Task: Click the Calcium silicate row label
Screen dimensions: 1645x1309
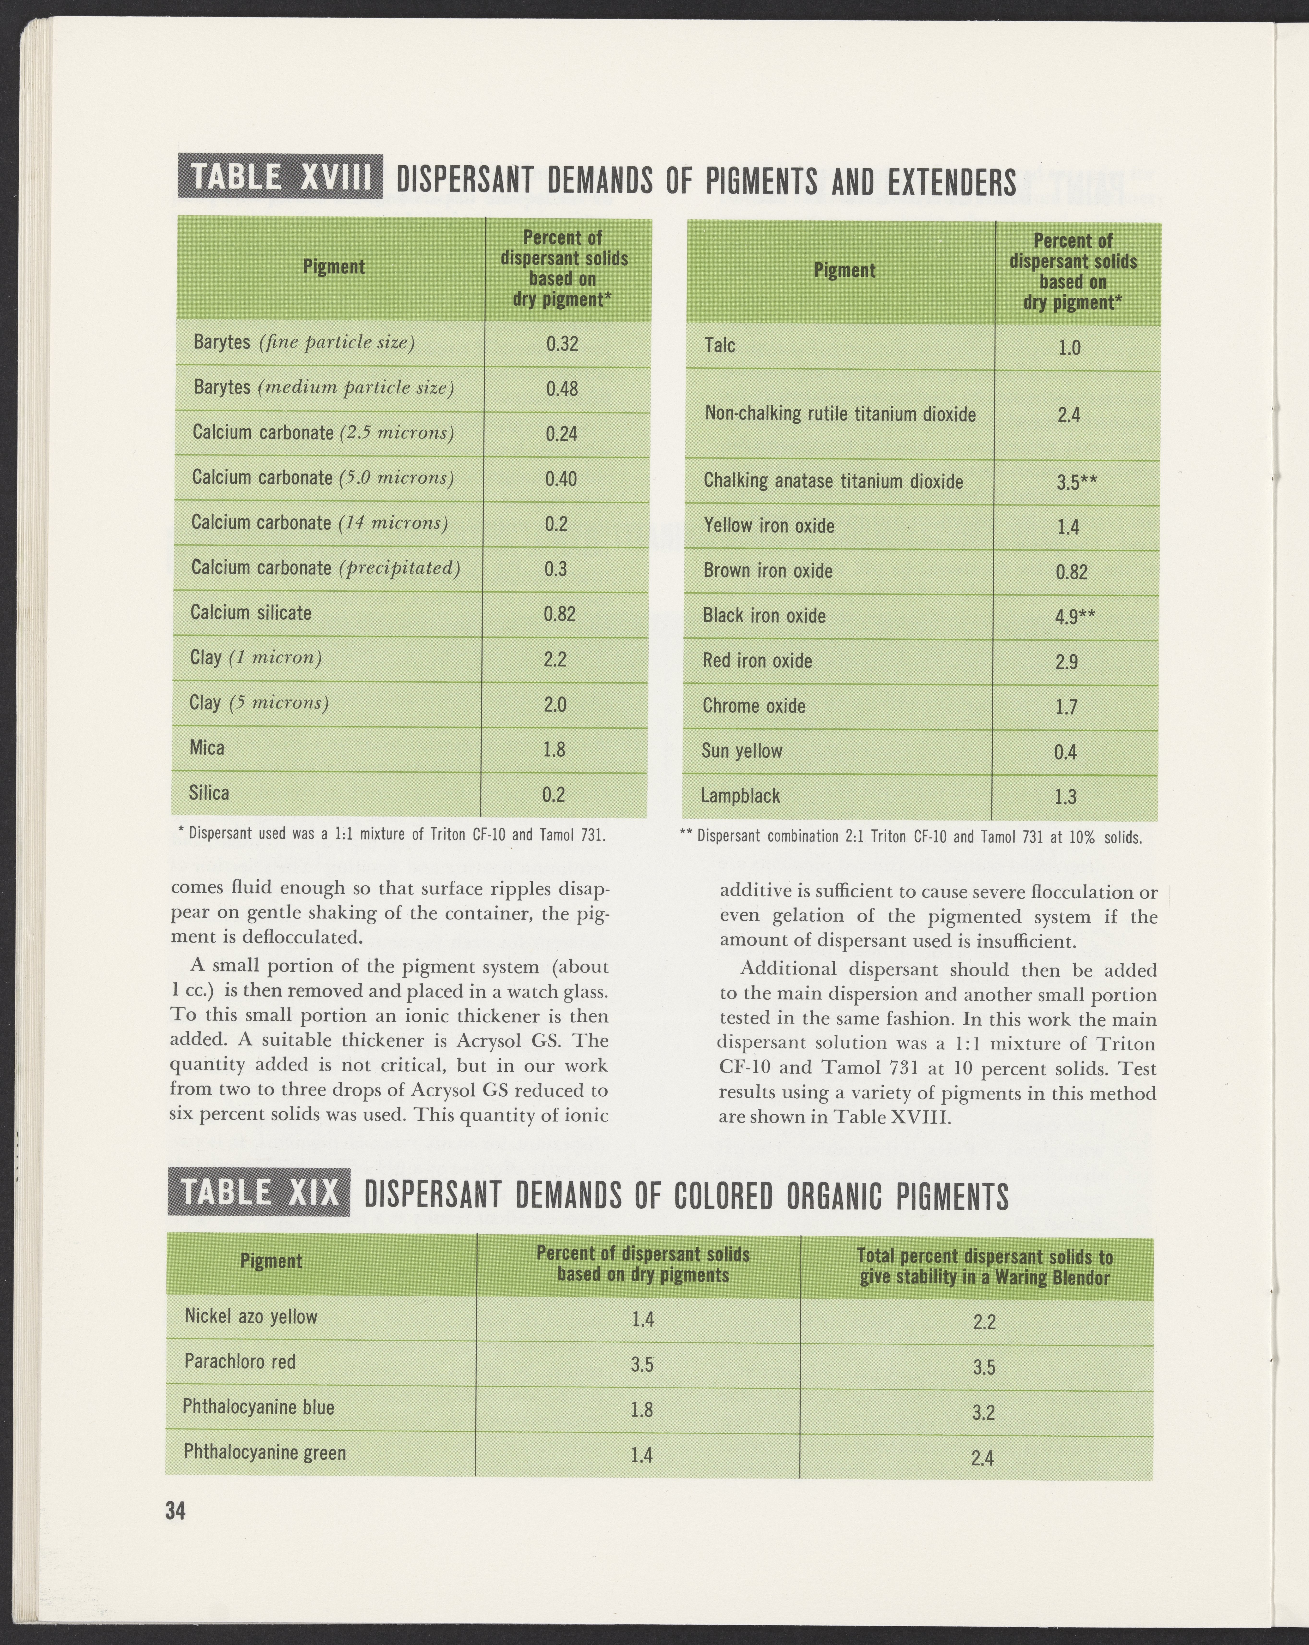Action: (251, 613)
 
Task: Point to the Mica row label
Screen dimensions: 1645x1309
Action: (207, 748)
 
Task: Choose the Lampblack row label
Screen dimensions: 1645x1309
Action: (740, 796)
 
